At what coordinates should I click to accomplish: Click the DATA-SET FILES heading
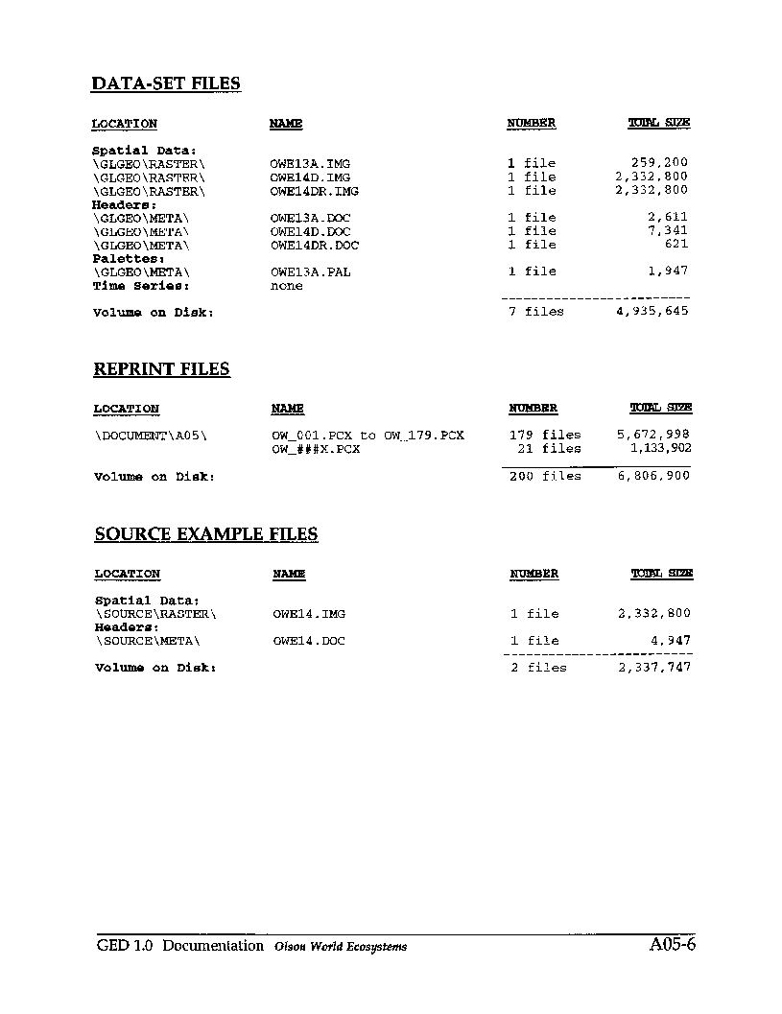[166, 83]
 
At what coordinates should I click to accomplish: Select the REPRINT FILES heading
[161, 369]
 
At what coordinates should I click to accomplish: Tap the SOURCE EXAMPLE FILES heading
[206, 534]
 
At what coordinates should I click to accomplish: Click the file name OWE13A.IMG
[310, 163]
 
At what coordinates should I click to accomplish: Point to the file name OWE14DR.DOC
[314, 245]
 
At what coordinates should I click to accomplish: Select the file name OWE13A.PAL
[310, 271]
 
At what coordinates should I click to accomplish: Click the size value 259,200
[659, 163]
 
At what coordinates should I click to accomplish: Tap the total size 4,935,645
[652, 311]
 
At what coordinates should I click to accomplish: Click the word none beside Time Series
[286, 286]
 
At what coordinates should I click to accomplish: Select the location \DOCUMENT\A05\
[151, 436]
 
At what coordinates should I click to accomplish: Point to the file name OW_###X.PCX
[316, 449]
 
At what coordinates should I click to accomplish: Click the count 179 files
[545, 435]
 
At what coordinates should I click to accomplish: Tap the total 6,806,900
[652, 476]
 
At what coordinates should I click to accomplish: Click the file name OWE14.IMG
[309, 614]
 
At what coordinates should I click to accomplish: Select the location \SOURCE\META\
[148, 641]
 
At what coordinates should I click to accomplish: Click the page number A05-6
[672, 945]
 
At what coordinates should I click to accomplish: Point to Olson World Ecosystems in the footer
[340, 947]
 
